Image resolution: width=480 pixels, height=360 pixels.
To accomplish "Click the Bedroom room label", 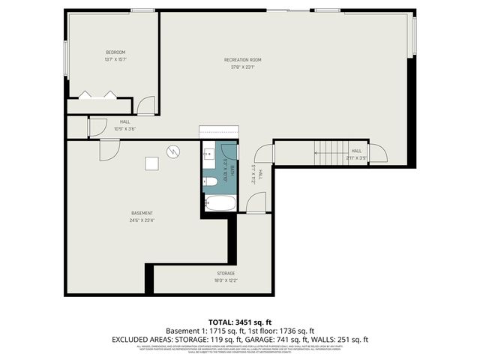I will click(x=115, y=52).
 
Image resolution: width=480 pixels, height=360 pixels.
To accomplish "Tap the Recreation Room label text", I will click(x=242, y=59).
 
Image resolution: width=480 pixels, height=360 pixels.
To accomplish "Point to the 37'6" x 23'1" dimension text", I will click(x=242, y=67).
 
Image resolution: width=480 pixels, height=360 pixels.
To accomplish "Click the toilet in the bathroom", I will click(x=210, y=181).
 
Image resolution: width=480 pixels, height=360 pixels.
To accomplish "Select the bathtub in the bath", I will click(x=219, y=202).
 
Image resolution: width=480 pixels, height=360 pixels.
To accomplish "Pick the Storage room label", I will click(x=226, y=273).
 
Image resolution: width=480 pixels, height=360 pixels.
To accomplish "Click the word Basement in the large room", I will click(x=142, y=213).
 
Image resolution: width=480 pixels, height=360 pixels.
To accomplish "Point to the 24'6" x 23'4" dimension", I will click(x=142, y=220).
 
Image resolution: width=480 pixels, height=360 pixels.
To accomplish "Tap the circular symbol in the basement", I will click(x=173, y=151).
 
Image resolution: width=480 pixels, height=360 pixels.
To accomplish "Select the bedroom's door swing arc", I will click(x=145, y=106).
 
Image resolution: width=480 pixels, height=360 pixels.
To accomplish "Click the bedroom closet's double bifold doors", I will click(x=98, y=94).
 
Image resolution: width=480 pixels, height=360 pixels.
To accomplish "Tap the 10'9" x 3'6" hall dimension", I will click(x=124, y=128).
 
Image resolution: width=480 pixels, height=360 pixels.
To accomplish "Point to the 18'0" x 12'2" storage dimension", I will click(x=226, y=281).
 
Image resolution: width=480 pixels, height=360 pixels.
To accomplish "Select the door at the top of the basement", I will click(x=109, y=148).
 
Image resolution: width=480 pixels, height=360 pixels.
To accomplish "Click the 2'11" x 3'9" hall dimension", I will click(x=356, y=158).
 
